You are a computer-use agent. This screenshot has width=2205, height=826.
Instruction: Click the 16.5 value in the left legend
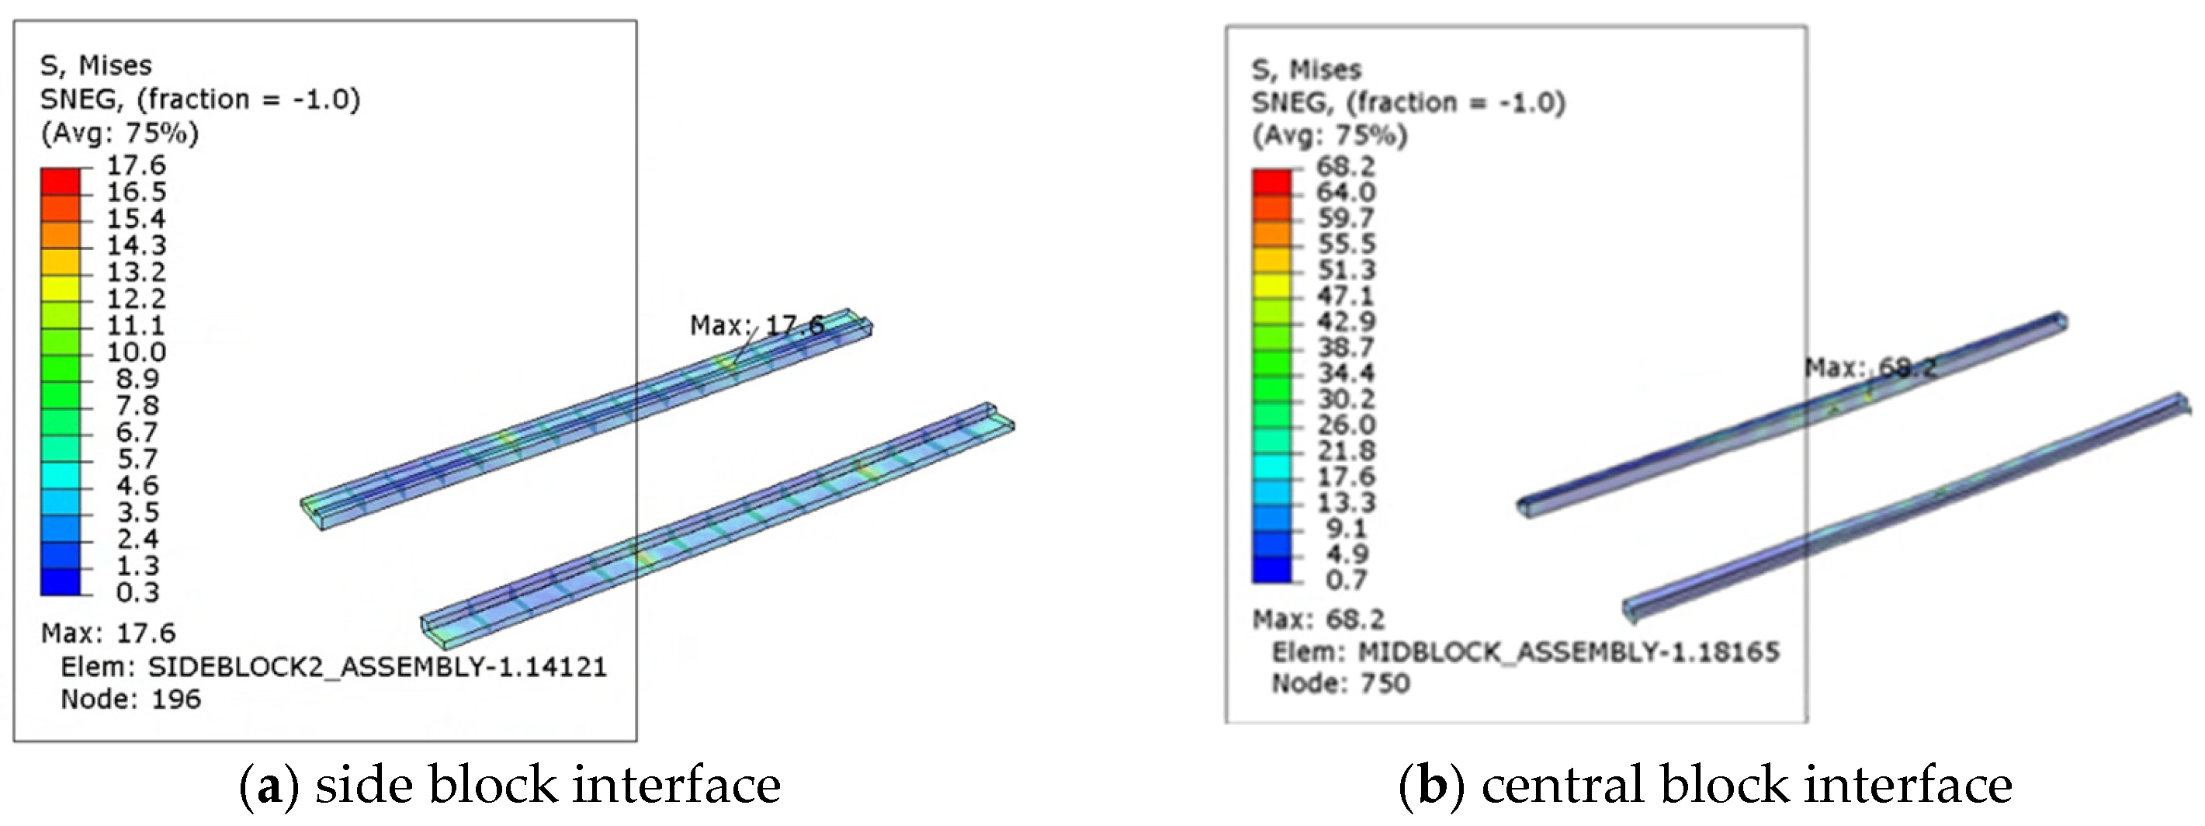pos(136,192)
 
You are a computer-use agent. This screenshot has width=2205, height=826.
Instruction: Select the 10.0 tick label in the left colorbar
pos(136,352)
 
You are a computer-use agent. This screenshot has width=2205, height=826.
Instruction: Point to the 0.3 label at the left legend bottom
pos(138,592)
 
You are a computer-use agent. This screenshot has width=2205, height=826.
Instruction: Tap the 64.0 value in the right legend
pos(1346,192)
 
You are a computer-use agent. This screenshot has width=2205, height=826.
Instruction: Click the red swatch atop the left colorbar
pos(60,182)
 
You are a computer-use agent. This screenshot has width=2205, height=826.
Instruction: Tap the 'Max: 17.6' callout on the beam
pos(758,325)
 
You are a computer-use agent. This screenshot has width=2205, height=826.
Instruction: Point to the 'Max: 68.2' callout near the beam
pos(1871,368)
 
